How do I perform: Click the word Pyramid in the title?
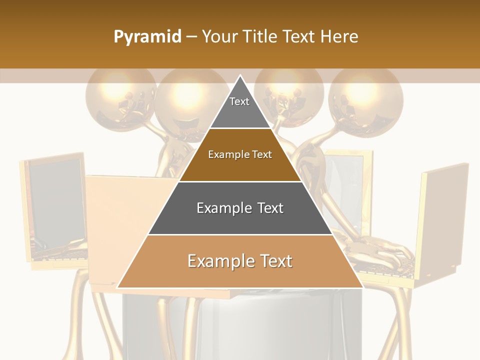[x=147, y=37]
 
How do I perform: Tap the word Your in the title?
[x=220, y=36]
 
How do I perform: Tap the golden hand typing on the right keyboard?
[x=385, y=250]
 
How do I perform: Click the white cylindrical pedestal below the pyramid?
[x=240, y=325]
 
